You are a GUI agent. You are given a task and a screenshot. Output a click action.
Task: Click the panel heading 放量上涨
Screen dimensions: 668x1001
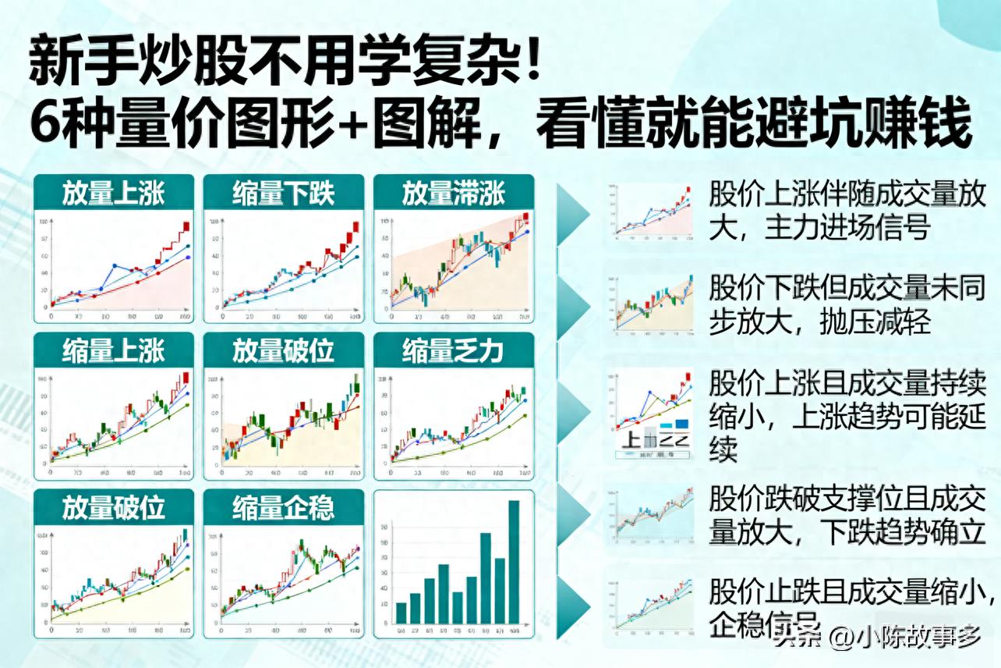coord(114,194)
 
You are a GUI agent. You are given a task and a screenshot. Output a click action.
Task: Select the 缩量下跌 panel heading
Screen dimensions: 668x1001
coord(283,194)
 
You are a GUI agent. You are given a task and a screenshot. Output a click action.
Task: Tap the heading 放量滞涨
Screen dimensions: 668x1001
coord(453,194)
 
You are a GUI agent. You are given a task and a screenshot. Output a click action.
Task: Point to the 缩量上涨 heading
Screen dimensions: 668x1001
coord(114,351)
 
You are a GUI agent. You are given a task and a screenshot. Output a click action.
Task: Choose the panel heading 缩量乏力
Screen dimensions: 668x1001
coord(453,351)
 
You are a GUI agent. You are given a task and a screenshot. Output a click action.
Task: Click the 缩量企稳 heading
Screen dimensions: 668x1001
coord(283,509)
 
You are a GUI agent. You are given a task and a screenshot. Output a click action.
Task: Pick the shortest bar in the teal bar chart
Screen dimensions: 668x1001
coord(401,613)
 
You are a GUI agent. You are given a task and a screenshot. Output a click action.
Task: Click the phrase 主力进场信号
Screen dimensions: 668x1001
coord(848,228)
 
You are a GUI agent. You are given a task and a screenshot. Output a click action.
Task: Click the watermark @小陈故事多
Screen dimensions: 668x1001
coord(905,638)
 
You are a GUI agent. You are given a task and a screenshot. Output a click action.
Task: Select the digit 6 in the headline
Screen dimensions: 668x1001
coord(45,125)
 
